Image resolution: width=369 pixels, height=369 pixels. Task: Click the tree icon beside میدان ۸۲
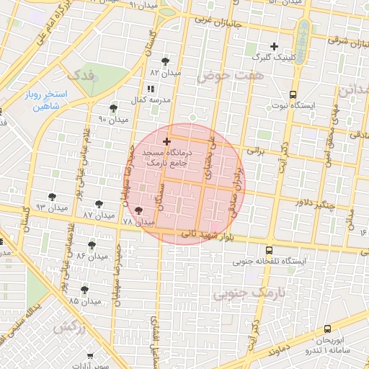click(166, 61)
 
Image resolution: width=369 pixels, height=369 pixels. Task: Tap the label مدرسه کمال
click(150, 98)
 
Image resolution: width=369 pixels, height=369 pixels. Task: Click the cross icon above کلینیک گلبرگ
click(274, 46)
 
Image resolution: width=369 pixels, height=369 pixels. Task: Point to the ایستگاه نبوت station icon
click(293, 94)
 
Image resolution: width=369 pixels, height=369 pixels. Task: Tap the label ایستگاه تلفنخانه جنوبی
click(270, 261)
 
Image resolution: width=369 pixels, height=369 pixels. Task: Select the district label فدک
click(80, 74)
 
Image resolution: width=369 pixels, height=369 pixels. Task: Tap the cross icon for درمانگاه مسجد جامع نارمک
click(167, 141)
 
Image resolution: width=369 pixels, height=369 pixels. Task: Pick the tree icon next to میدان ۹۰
click(114, 107)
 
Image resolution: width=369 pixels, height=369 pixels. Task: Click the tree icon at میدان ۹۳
click(51, 196)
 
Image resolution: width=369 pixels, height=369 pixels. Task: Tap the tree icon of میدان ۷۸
click(138, 210)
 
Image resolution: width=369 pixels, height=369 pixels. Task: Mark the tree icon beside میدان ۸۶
click(93, 245)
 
